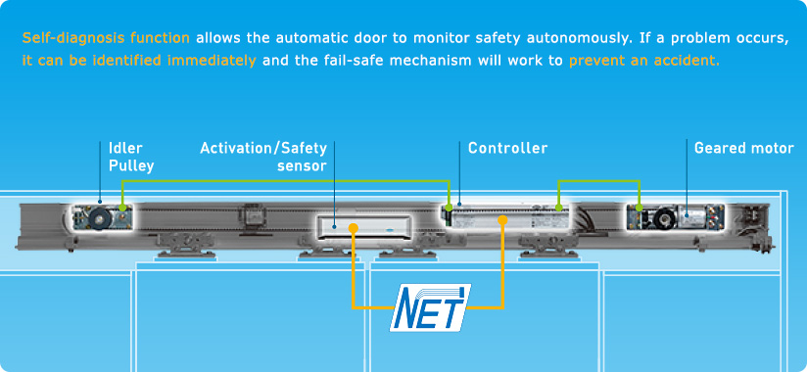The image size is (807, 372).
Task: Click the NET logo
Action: [x=430, y=307]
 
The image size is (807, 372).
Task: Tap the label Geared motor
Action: [x=743, y=148]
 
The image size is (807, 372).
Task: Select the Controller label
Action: [x=507, y=148]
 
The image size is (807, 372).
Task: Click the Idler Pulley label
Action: [x=130, y=157]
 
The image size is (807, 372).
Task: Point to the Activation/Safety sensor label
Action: [x=263, y=157]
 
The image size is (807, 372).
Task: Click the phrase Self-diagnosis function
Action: [x=106, y=38]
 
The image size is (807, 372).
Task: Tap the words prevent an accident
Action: [x=644, y=61]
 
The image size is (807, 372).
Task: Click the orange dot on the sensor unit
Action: [x=353, y=227]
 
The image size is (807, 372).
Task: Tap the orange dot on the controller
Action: [x=502, y=220]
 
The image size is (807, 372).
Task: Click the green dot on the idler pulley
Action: [x=122, y=208]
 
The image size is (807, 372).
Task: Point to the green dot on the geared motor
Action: [x=640, y=208]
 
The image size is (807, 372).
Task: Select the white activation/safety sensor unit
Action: [x=364, y=227]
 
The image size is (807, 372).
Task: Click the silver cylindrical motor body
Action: [x=690, y=216]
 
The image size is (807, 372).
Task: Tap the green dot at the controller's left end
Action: [x=450, y=208]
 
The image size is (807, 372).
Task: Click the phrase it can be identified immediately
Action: [x=139, y=61]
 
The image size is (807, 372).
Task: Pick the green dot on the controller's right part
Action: [x=559, y=208]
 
